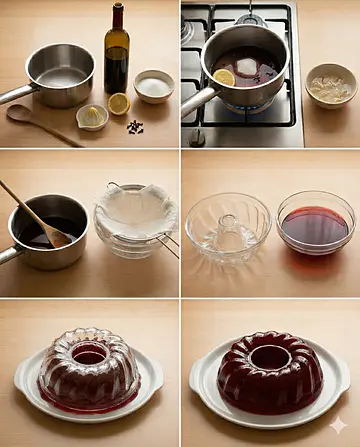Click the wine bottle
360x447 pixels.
116,60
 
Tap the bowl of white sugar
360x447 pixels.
154,85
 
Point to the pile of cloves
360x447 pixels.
134,127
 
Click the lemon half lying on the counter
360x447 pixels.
119,103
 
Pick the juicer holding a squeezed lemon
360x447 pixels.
92,116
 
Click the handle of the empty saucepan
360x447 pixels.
14,95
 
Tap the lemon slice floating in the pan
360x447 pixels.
224,77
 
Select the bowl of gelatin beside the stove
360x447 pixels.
330,84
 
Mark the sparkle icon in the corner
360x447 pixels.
338,426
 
